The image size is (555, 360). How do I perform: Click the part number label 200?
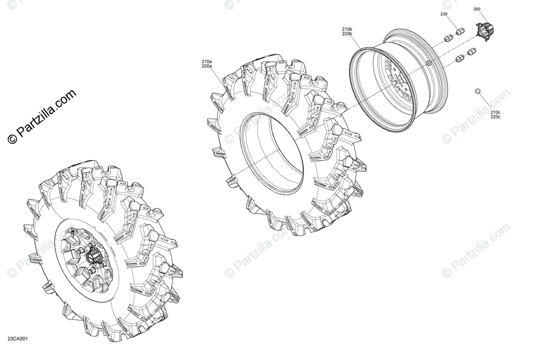tap(477, 9)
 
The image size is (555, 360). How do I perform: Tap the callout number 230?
tap(444, 14)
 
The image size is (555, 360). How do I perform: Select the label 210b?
tap(347, 29)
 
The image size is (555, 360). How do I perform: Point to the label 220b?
tap(347, 34)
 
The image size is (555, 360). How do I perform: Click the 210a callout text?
tap(207, 62)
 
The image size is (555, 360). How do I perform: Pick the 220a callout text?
tap(207, 66)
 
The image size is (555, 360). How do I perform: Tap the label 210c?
tap(495, 112)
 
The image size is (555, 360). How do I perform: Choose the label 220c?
tap(495, 117)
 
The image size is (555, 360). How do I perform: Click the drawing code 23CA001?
tap(18, 339)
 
